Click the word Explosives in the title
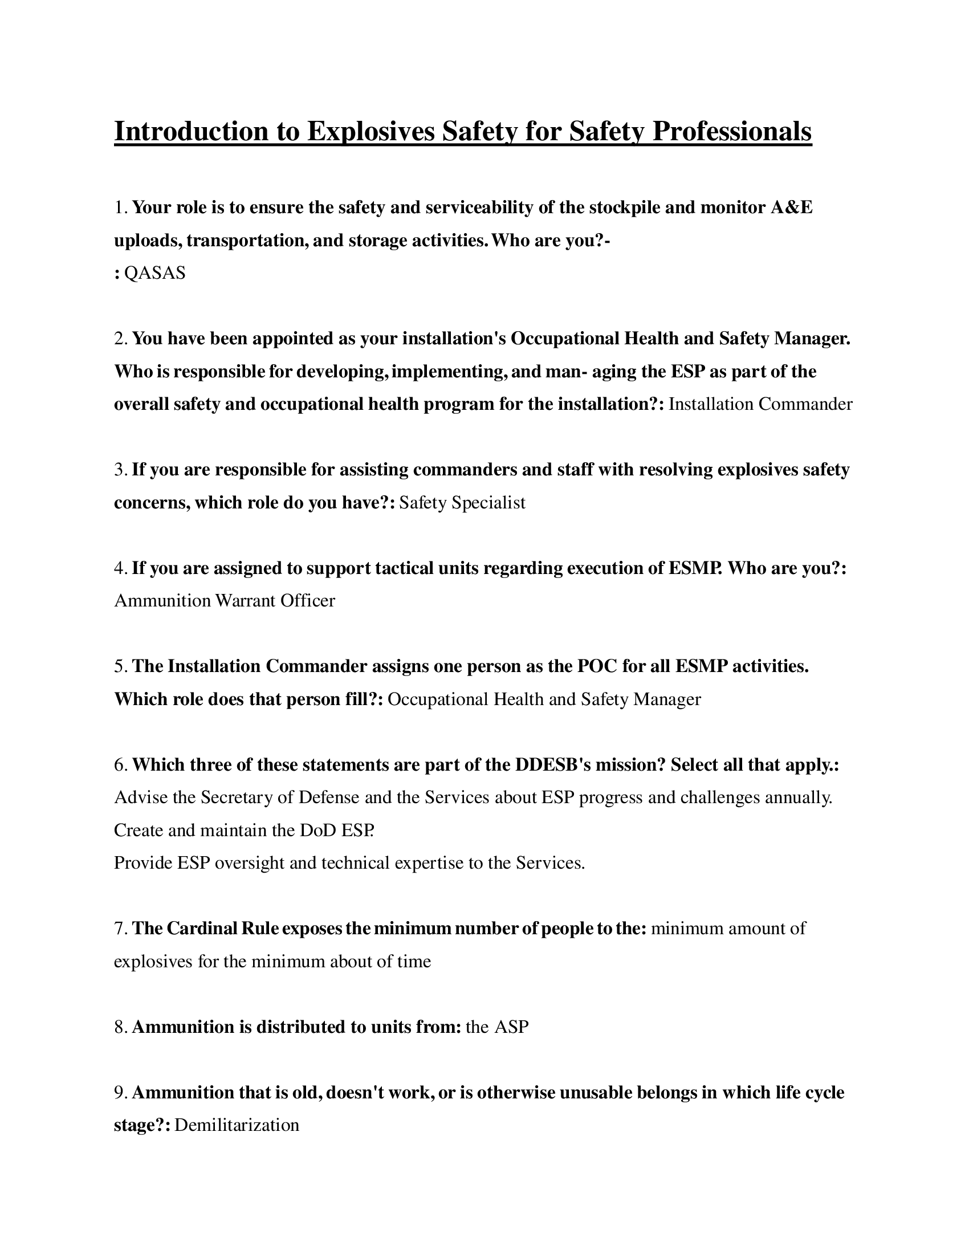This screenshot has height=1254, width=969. coord(370,132)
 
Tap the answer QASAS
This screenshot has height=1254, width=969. coord(155,273)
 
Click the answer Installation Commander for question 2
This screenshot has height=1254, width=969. coord(760,404)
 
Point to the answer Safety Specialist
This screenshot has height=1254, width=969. coord(462,503)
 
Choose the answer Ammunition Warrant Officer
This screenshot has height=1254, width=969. coord(225,601)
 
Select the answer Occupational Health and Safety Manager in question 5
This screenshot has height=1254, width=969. coord(544,699)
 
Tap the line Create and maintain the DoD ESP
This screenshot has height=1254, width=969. coord(244,831)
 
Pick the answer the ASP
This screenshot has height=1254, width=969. coord(497,1027)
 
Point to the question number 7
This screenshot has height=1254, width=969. coord(119,929)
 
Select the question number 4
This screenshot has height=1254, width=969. coord(119,568)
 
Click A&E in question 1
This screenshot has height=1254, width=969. coord(792,208)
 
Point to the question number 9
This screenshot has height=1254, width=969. coord(119,1093)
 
